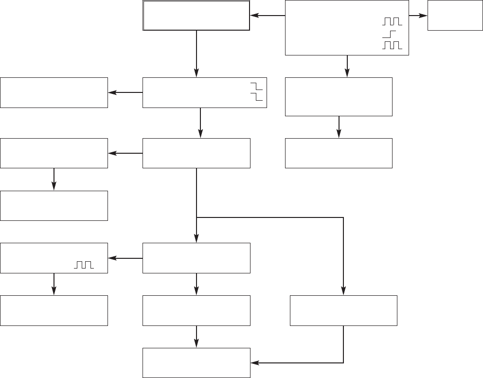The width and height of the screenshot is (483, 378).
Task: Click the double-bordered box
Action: tap(196, 16)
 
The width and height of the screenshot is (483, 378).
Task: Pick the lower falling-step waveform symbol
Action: tap(256, 97)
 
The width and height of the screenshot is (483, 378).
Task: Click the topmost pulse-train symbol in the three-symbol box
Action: tap(392, 22)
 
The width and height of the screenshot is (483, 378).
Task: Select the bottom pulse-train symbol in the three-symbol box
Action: tap(392, 45)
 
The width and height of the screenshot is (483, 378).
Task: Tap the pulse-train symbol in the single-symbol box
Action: tap(83, 265)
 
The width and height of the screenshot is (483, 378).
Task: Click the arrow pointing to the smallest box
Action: tap(418, 16)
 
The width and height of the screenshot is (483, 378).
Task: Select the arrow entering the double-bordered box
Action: tap(267, 16)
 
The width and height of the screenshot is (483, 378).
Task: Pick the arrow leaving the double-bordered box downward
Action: tap(197, 54)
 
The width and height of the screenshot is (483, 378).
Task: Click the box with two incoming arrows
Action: tap(196, 363)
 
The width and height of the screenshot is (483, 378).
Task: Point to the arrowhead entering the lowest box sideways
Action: tap(254, 363)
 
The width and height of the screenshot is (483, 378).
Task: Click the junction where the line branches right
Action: tap(197, 217)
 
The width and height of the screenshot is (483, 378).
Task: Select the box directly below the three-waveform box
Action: tap(339, 96)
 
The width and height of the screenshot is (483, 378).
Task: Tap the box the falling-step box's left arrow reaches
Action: tap(54, 92)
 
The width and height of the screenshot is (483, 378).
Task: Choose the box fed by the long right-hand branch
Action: tap(343, 310)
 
